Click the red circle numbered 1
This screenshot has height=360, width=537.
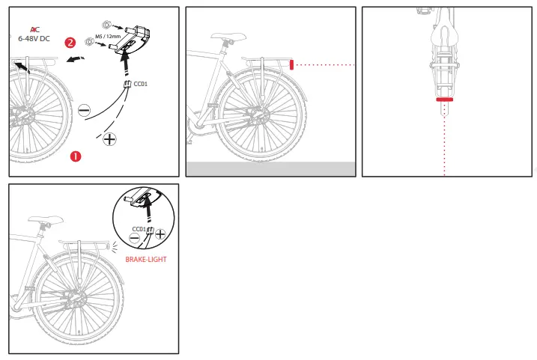click(x=75, y=156)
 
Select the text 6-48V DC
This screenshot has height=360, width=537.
click(x=34, y=39)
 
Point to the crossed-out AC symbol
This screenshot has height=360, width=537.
click(x=34, y=28)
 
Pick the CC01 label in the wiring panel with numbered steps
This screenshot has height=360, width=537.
click(x=139, y=84)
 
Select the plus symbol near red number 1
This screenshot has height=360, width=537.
click(x=109, y=139)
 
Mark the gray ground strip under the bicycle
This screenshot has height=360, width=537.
click(x=270, y=168)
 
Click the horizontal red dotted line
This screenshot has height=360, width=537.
click(x=325, y=65)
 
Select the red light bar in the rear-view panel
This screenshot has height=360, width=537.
click(x=445, y=99)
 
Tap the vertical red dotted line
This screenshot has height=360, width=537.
click(x=445, y=142)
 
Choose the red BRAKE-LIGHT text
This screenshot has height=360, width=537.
click(x=145, y=259)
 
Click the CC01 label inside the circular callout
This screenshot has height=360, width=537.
click(x=139, y=228)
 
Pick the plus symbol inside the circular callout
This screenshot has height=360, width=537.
click(x=160, y=235)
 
